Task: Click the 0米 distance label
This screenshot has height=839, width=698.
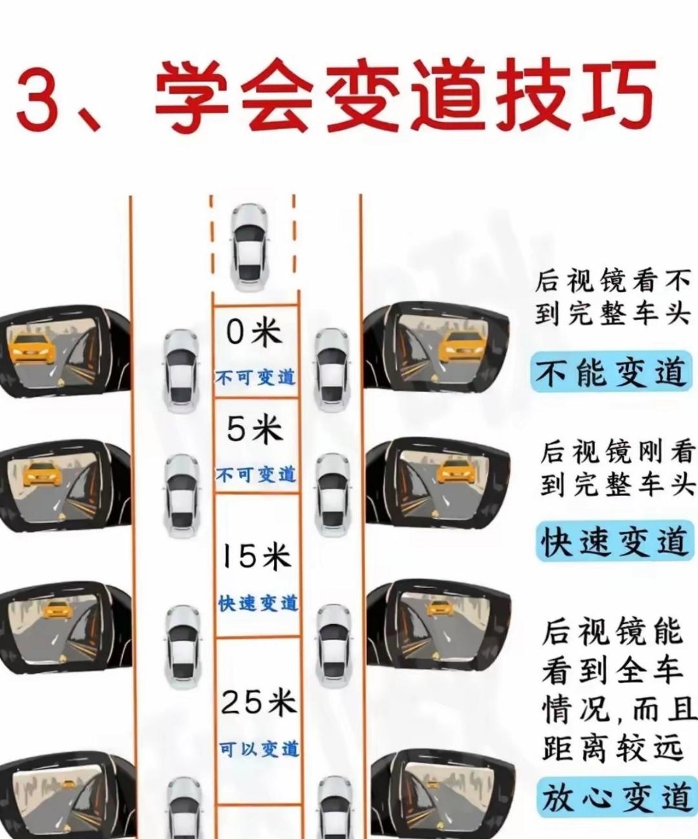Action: (255, 333)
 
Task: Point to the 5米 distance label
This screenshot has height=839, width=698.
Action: (255, 429)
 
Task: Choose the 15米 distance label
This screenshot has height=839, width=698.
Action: (256, 558)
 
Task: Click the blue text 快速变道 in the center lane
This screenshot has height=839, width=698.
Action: (258, 604)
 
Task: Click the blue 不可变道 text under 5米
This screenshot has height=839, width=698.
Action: (256, 475)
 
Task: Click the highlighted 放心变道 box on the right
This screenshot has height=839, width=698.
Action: (617, 797)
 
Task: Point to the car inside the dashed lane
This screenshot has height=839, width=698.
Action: (249, 247)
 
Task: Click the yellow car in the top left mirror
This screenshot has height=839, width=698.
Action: (32, 349)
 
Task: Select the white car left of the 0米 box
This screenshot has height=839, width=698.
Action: (181, 372)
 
